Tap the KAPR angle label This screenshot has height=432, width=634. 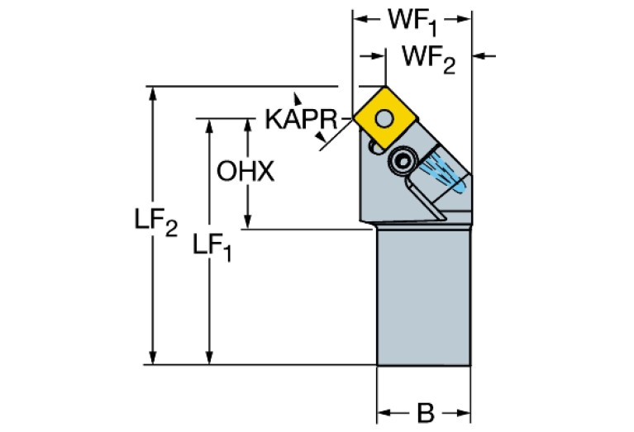(300, 119)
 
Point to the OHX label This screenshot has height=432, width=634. (244, 172)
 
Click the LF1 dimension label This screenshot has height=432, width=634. (212, 246)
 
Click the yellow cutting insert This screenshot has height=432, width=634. (384, 115)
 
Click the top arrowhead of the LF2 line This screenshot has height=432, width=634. (152, 92)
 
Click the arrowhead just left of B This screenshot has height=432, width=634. (384, 411)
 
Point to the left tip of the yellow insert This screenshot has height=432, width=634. (355, 116)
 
